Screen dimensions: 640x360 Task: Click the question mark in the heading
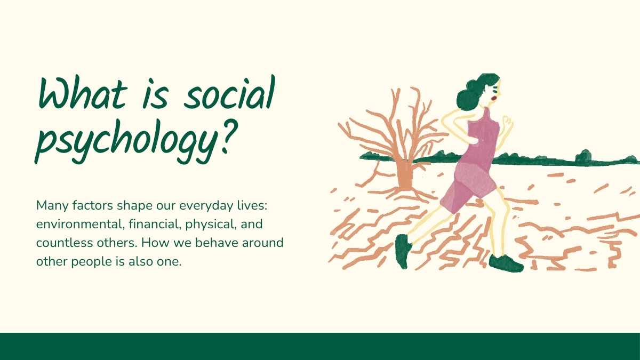230,135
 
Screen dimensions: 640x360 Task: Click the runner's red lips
493,98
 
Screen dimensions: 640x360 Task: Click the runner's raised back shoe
403,251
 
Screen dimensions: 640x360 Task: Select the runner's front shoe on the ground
506,263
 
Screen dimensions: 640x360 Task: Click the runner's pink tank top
483,140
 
